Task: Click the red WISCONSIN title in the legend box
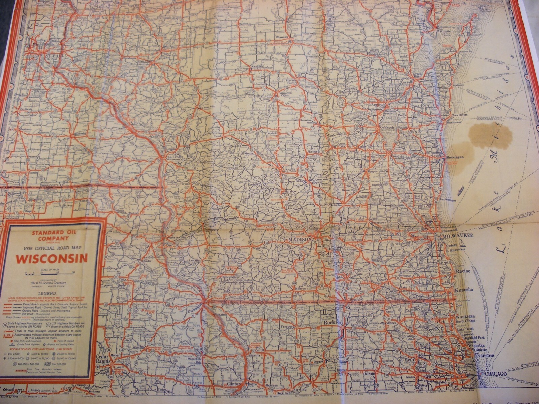click(51, 259)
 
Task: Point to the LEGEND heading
click(49, 293)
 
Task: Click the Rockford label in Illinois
click(333, 322)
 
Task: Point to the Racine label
click(463, 271)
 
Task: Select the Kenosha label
click(464, 290)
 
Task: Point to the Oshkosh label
click(387, 128)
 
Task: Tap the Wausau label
click(281, 36)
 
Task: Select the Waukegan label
click(465, 317)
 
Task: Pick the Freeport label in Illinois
click(287, 326)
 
